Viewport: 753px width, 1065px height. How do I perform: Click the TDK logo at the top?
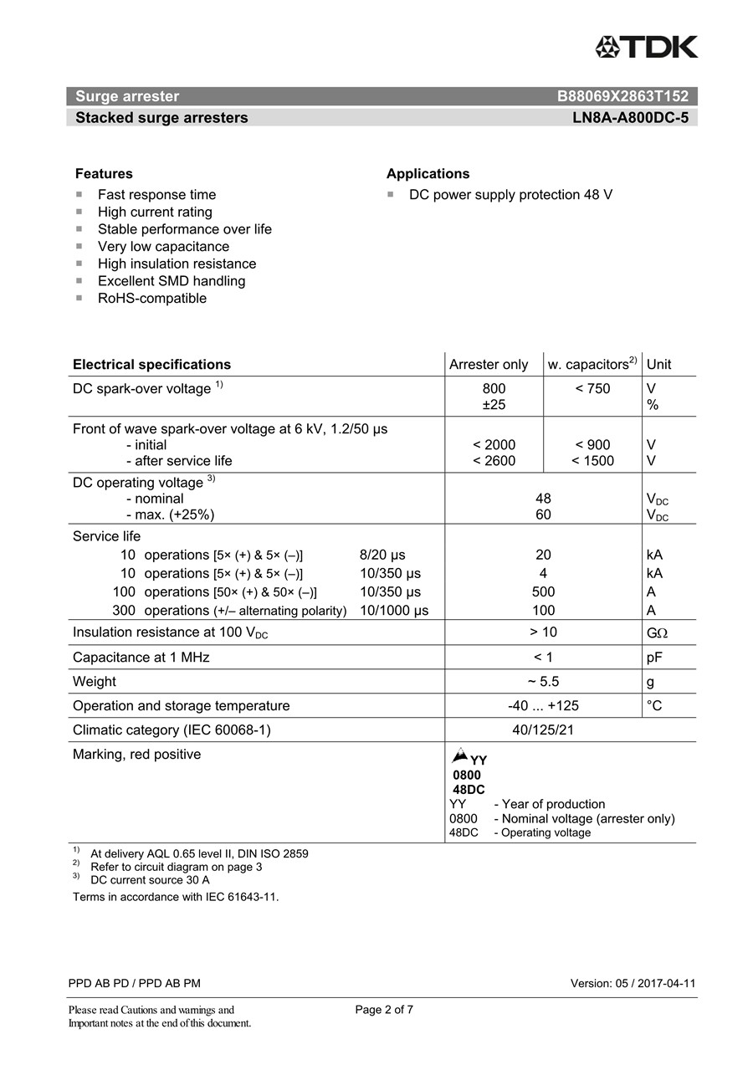(646, 47)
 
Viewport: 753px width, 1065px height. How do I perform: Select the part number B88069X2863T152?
(622, 96)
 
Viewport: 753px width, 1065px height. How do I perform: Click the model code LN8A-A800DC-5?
(630, 118)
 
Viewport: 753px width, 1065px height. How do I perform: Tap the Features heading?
(104, 174)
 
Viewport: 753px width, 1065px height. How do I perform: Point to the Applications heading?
(428, 174)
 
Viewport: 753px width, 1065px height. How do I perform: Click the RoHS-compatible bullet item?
(151, 299)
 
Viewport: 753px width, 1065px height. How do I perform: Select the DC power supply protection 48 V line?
(510, 195)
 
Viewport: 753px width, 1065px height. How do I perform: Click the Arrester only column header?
(489, 365)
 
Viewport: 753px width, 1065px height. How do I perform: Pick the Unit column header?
(658, 365)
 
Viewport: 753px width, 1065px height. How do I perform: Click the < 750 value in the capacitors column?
(592, 389)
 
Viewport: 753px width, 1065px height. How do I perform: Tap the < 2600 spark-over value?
(494, 461)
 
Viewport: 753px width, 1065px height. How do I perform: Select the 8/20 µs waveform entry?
(382, 556)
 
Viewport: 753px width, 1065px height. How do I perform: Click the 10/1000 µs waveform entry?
(394, 611)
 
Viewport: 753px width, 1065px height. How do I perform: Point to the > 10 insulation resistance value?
(543, 632)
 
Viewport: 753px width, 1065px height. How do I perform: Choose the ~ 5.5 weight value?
(543, 682)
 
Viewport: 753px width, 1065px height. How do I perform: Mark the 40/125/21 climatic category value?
(543, 730)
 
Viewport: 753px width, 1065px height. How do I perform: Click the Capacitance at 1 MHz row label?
(141, 658)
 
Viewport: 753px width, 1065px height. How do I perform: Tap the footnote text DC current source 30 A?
(150, 880)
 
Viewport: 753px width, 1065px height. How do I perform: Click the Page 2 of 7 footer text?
(384, 1010)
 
